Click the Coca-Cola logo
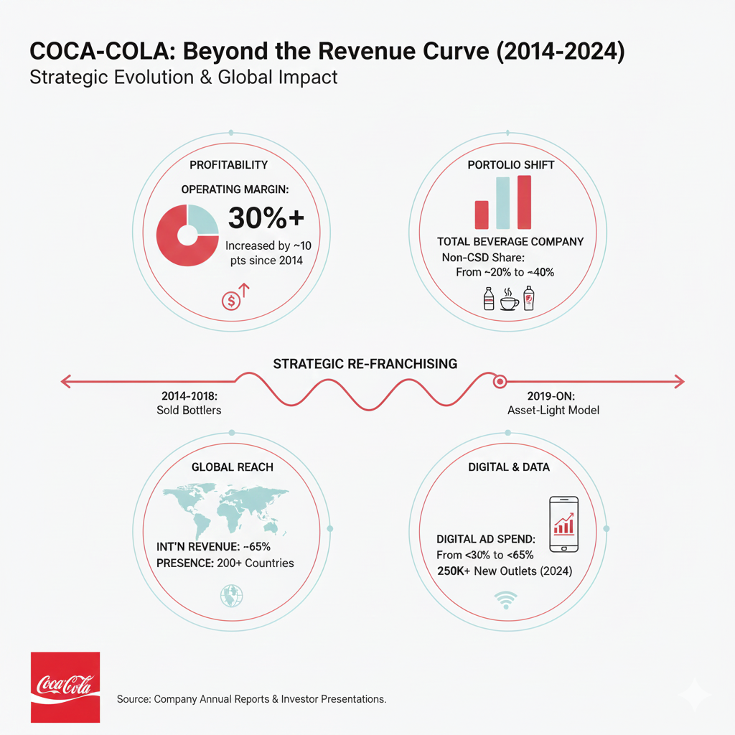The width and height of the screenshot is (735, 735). (x=65, y=687)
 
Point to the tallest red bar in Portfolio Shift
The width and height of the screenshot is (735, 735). (x=524, y=202)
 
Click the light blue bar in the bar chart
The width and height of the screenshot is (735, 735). (x=502, y=203)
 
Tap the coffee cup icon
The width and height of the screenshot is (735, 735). (x=509, y=300)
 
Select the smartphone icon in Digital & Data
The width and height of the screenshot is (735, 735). (x=564, y=524)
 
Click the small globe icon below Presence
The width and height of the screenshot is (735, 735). (x=232, y=596)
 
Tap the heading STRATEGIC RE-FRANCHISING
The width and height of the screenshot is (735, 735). (x=365, y=364)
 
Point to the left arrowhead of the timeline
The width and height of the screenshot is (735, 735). (x=65, y=382)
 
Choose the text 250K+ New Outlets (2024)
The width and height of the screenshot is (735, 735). (x=505, y=571)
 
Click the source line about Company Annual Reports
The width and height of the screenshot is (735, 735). (x=251, y=698)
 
